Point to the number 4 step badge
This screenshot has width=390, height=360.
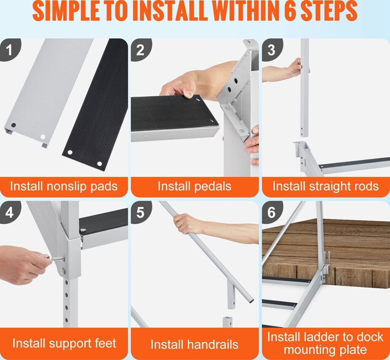(x=10, y=212)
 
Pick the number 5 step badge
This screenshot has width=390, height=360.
(x=141, y=212)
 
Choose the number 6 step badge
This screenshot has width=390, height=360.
(x=272, y=212)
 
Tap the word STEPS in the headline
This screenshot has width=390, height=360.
(x=329, y=11)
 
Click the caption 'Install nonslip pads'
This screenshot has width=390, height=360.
(x=64, y=187)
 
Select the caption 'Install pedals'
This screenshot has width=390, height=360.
(x=195, y=187)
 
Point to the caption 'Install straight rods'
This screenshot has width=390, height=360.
(x=326, y=187)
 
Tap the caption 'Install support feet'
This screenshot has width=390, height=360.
(x=64, y=344)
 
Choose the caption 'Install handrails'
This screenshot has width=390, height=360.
(x=195, y=345)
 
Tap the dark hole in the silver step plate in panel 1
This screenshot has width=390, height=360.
(x=13, y=125)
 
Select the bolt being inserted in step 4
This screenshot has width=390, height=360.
(x=57, y=259)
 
